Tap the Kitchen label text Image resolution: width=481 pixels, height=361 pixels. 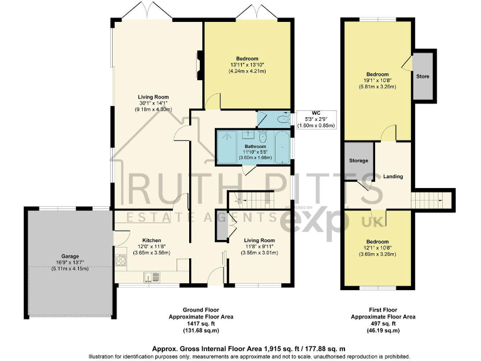[x=152, y=240]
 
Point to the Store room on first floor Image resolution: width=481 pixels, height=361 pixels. [x=423, y=76]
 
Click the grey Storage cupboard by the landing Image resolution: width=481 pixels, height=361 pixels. [x=358, y=161]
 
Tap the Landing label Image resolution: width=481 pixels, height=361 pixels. [x=393, y=177]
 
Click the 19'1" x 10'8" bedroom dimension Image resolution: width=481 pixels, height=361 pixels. [x=378, y=80]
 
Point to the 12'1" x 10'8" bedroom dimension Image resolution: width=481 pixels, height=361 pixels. [x=378, y=248]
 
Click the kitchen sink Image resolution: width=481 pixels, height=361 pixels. [x=151, y=274]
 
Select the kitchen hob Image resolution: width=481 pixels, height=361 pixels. [x=119, y=260]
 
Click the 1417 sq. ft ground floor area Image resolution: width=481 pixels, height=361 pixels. [x=208, y=324]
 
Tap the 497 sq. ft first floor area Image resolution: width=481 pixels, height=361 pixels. [x=383, y=324]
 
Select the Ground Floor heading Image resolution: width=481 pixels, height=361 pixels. [x=208, y=310]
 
